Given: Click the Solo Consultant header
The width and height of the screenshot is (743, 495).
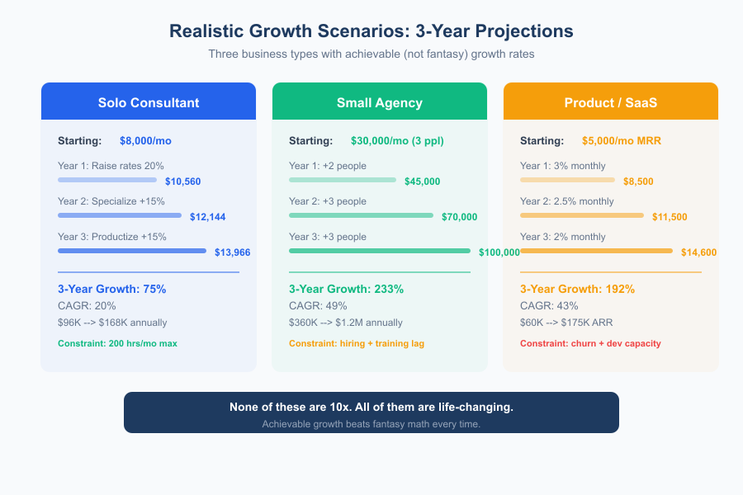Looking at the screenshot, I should pos(149,103).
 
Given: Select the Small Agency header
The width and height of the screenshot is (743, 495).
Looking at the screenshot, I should pos(380,103).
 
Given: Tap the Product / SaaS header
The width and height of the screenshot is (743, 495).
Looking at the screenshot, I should pos(611,103).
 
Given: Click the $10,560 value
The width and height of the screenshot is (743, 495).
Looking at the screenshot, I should pos(182,181).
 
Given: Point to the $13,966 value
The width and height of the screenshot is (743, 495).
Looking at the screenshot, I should pos(232,252).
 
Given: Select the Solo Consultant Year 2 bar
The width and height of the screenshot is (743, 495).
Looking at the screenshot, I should pos(120,215).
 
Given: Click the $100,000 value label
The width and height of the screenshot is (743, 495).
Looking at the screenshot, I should pos(499,252).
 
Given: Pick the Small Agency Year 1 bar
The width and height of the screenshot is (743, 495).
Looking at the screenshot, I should pos(343,180).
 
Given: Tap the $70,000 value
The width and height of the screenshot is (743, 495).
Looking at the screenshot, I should pos(459,217).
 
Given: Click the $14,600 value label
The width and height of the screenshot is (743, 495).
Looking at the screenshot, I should pos(698,252).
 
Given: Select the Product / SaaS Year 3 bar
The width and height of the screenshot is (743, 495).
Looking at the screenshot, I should pos(596,251).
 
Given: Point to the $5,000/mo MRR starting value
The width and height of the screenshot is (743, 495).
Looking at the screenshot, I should pos(622,141).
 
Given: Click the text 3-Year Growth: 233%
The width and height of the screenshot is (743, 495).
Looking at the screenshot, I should pos(346,290).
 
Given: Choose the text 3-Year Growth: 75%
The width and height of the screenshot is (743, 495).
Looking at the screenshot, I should pos(112,290).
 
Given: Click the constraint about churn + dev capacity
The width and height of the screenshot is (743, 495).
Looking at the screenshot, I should pos(590,343).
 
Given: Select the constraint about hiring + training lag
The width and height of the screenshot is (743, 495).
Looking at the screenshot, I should pos(357,343).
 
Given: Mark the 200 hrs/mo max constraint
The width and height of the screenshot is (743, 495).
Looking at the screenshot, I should pos(117,343).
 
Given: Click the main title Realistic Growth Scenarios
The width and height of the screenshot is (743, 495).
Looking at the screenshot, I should pos(371,31).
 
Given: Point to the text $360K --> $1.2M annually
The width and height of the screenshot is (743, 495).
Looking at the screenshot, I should pos(346,323).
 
